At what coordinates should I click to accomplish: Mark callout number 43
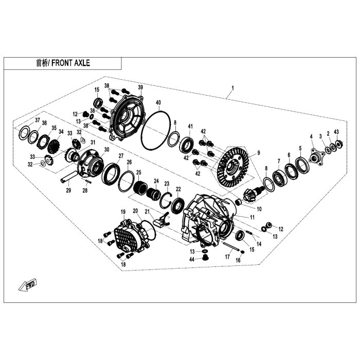click(x=336, y=133)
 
